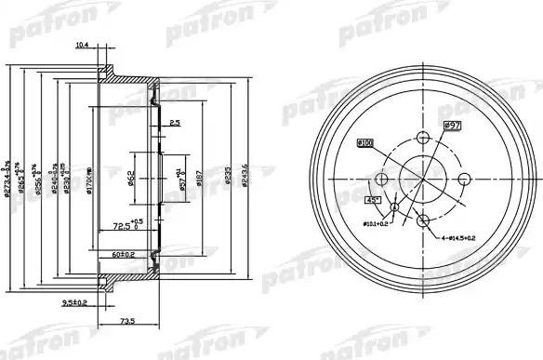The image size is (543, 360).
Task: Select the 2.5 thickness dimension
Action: [175, 123]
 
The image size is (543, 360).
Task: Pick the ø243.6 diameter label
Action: [245, 174]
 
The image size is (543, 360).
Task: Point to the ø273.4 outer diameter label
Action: [7, 174]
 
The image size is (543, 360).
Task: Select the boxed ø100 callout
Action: [364, 142]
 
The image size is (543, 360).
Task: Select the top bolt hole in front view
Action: [421, 137]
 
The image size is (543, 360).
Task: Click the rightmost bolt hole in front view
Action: [463, 179]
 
